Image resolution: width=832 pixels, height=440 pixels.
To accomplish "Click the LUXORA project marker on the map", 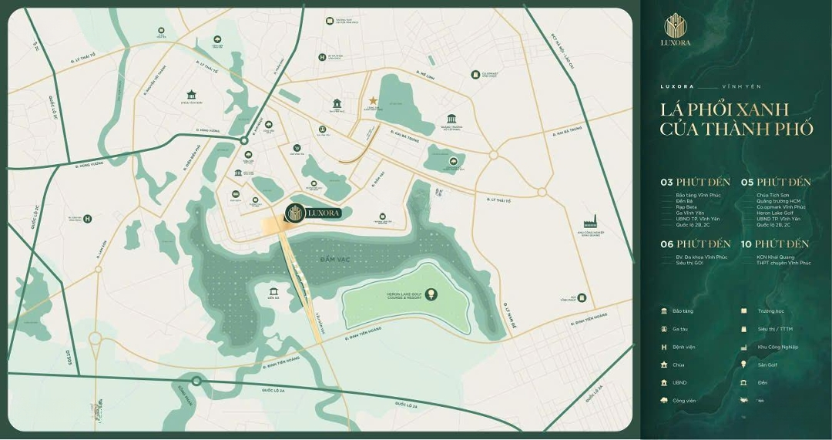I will coord(313,213).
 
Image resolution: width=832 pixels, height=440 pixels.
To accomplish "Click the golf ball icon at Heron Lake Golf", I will coord(431,293).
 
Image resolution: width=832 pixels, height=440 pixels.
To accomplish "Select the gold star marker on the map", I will coord(374,100).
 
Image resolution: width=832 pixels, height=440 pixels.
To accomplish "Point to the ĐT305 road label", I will coord(68,357).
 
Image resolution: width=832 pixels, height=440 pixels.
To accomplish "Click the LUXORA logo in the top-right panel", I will coord(677,31).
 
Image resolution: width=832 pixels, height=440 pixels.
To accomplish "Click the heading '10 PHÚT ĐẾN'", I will coord(775,244).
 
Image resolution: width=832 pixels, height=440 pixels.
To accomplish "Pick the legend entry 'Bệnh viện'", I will coord(683,347).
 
